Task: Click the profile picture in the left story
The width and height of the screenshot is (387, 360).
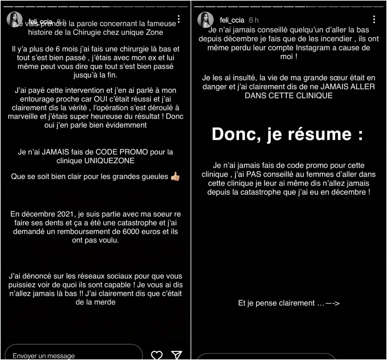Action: [15, 20]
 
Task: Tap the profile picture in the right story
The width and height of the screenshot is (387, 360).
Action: [205, 20]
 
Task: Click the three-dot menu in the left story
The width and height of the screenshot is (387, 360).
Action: [179, 19]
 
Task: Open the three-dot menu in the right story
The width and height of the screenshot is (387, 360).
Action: [374, 19]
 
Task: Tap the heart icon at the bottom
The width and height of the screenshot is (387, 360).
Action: [157, 355]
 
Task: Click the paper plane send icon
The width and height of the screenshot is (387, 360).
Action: [177, 355]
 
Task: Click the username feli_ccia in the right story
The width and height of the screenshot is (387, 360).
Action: [232, 20]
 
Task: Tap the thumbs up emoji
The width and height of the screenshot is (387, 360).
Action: [175, 176]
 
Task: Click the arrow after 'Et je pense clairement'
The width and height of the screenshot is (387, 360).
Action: [333, 303]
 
